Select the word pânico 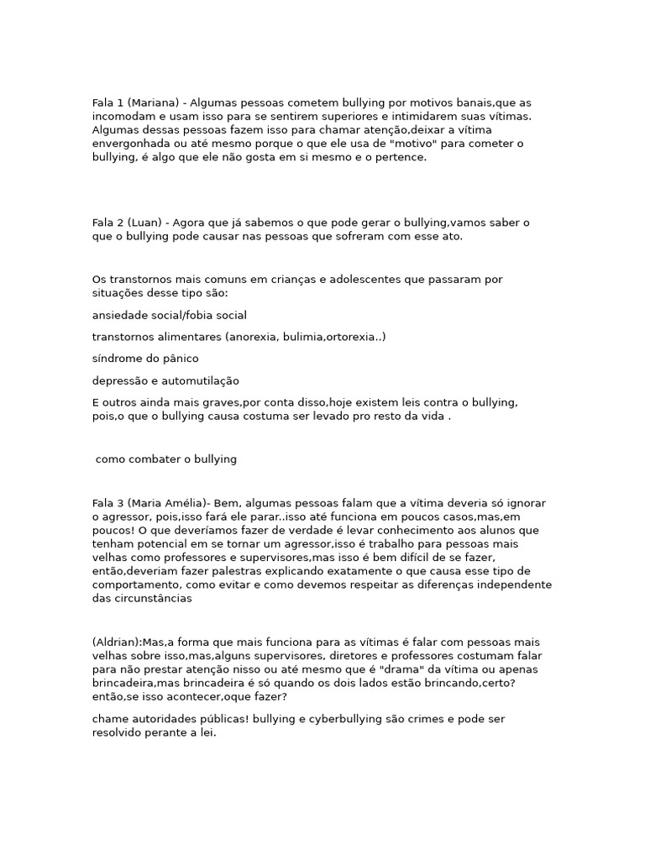click(179, 359)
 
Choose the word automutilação click(197, 380)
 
